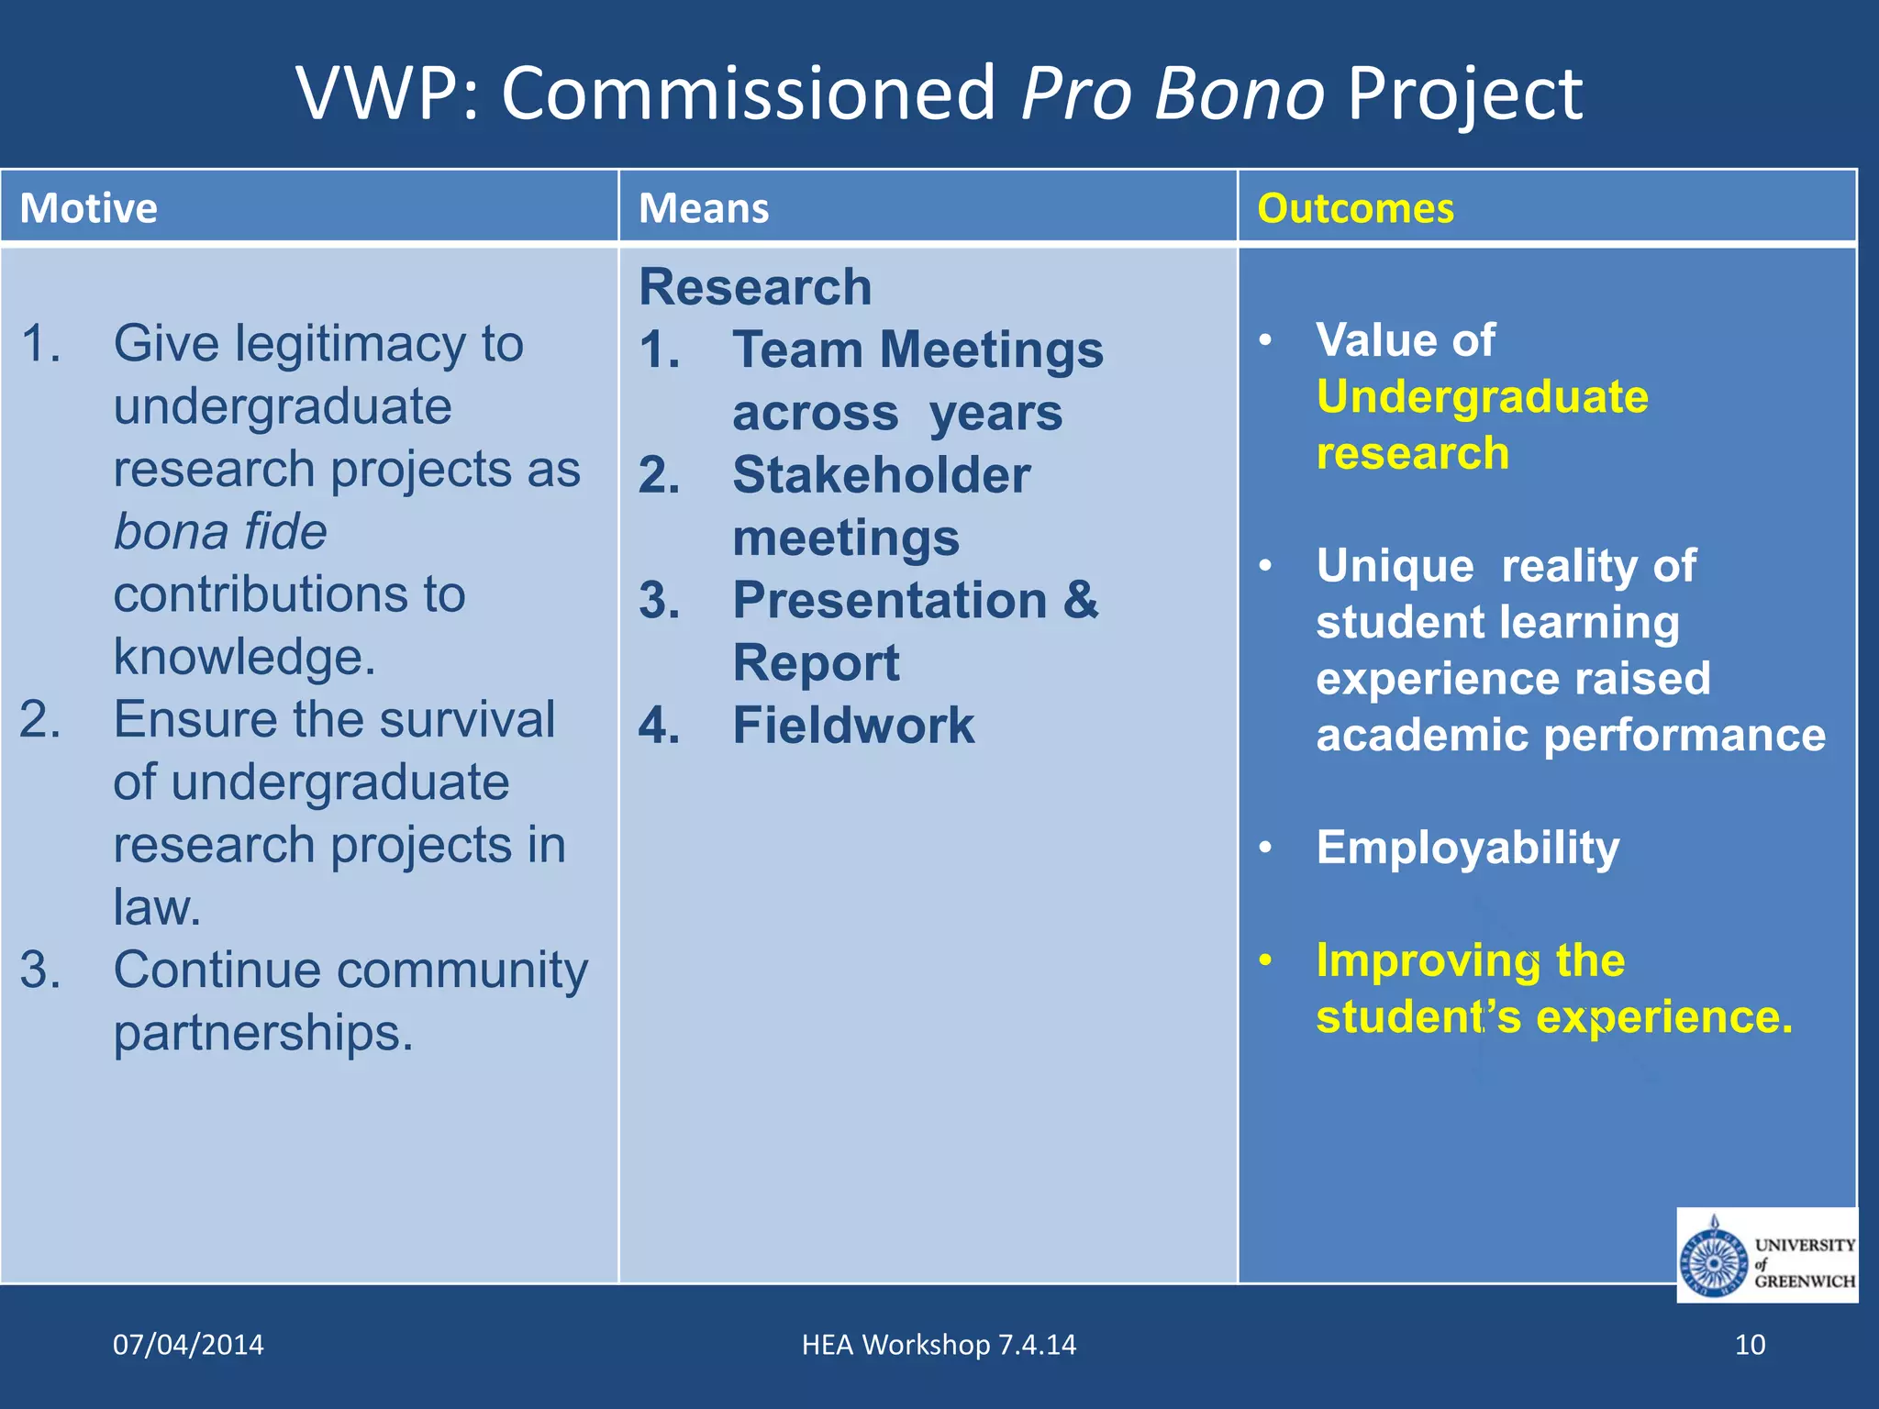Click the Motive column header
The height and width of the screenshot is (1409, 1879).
(x=89, y=208)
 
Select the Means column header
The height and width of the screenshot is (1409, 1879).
(x=704, y=208)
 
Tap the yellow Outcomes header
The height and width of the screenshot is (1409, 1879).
(x=1355, y=208)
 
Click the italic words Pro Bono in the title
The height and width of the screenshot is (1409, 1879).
(x=1173, y=94)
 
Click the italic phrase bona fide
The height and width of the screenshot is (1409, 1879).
(x=220, y=532)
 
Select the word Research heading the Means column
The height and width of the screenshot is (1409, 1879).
(x=755, y=287)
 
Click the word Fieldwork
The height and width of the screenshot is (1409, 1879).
(x=853, y=726)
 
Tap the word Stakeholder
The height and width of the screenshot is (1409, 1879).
(x=881, y=475)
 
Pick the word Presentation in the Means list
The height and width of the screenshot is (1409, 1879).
(x=890, y=601)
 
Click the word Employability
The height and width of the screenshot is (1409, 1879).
(x=1468, y=849)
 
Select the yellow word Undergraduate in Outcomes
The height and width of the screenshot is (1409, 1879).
(x=1482, y=397)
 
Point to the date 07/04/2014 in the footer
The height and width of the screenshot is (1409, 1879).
(x=188, y=1345)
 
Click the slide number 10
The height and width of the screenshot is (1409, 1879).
(x=1750, y=1345)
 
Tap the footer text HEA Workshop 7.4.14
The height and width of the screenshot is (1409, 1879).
(x=939, y=1345)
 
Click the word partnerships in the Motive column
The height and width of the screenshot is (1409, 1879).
(x=263, y=1034)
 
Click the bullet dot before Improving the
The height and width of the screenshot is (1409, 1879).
(x=1266, y=960)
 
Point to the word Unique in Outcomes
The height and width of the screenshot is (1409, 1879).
(x=1395, y=566)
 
